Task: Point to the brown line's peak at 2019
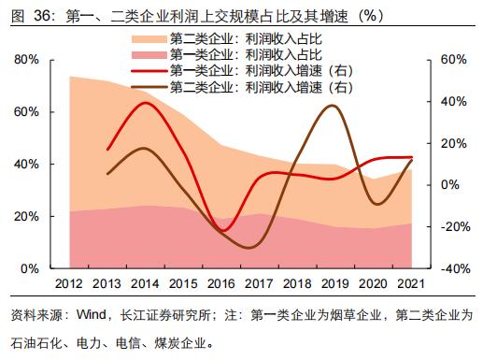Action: [334, 106]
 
